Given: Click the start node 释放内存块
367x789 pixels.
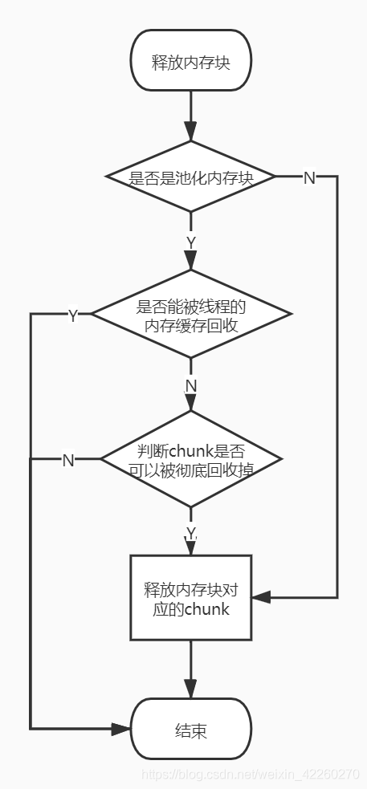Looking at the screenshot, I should coord(191,62).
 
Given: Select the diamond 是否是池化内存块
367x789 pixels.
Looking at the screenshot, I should coord(191,177).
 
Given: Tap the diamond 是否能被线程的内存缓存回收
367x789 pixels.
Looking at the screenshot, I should coord(191,315).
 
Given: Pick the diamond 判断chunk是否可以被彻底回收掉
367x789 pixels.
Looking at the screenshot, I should coord(191,459).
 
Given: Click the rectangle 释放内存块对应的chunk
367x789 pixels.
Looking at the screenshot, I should coord(191,597).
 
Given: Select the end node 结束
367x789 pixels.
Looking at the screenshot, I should coord(191,730).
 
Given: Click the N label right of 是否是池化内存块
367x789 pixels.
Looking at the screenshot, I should coord(308,177).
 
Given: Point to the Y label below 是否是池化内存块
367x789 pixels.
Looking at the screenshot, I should coord(191,242).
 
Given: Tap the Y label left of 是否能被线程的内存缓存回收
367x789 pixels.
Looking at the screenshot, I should coord(72,315).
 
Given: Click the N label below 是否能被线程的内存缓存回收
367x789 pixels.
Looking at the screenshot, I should coord(191,386).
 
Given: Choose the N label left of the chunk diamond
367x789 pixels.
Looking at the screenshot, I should coord(68,460).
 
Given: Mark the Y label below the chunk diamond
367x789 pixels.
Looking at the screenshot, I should coord(191,533).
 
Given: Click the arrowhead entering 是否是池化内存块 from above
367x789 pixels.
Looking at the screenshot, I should coord(191,132).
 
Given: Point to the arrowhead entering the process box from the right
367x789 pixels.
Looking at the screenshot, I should coord(261,597).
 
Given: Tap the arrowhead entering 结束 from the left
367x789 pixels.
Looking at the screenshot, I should coord(121,729).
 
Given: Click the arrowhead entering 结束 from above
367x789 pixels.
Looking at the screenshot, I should coord(191,689).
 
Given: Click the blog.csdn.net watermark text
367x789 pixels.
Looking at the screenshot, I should coord(250,775).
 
